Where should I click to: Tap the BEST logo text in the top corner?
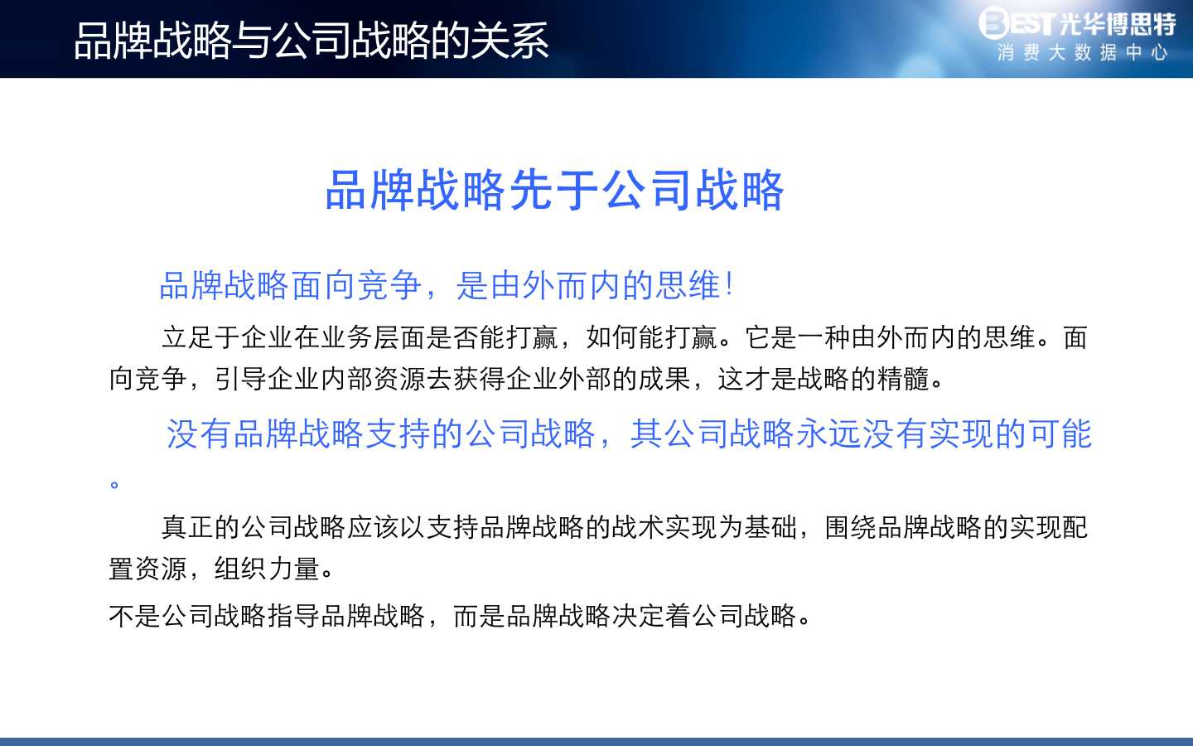pos(1017,23)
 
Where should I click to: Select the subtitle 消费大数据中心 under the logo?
pos(1083,53)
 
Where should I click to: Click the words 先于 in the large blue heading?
pos(555,190)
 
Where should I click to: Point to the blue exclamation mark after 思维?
pos(729,284)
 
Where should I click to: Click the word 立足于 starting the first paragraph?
pos(200,337)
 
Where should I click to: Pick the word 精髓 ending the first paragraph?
pos(903,379)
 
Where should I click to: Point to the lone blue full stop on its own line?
pos(114,484)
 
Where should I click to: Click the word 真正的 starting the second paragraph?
pos(200,527)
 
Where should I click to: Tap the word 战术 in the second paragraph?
pos(638,527)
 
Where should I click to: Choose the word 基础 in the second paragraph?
pos(770,527)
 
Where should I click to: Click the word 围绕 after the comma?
pos(850,527)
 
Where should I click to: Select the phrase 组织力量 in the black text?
pos(267,569)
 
